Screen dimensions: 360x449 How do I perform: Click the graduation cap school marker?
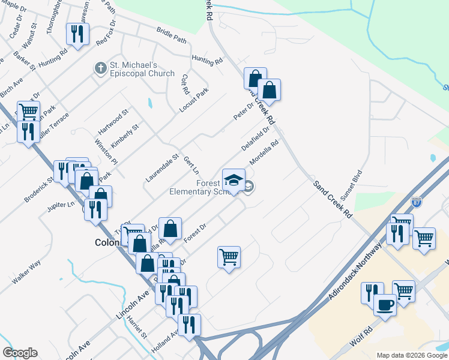pyautogui.click(x=234, y=179)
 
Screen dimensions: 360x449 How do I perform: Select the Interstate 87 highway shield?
pyautogui.click(x=417, y=202)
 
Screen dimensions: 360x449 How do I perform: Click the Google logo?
pyautogui.click(x=20, y=353)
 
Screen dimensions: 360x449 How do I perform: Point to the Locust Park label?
pyautogui.click(x=194, y=101)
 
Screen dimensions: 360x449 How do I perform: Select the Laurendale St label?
pyautogui.click(x=162, y=169)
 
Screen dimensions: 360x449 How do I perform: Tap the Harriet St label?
pyautogui.click(x=137, y=328)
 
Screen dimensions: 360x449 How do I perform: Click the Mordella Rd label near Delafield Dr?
pyautogui.click(x=264, y=154)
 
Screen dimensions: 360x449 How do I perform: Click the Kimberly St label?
pyautogui.click(x=125, y=136)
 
